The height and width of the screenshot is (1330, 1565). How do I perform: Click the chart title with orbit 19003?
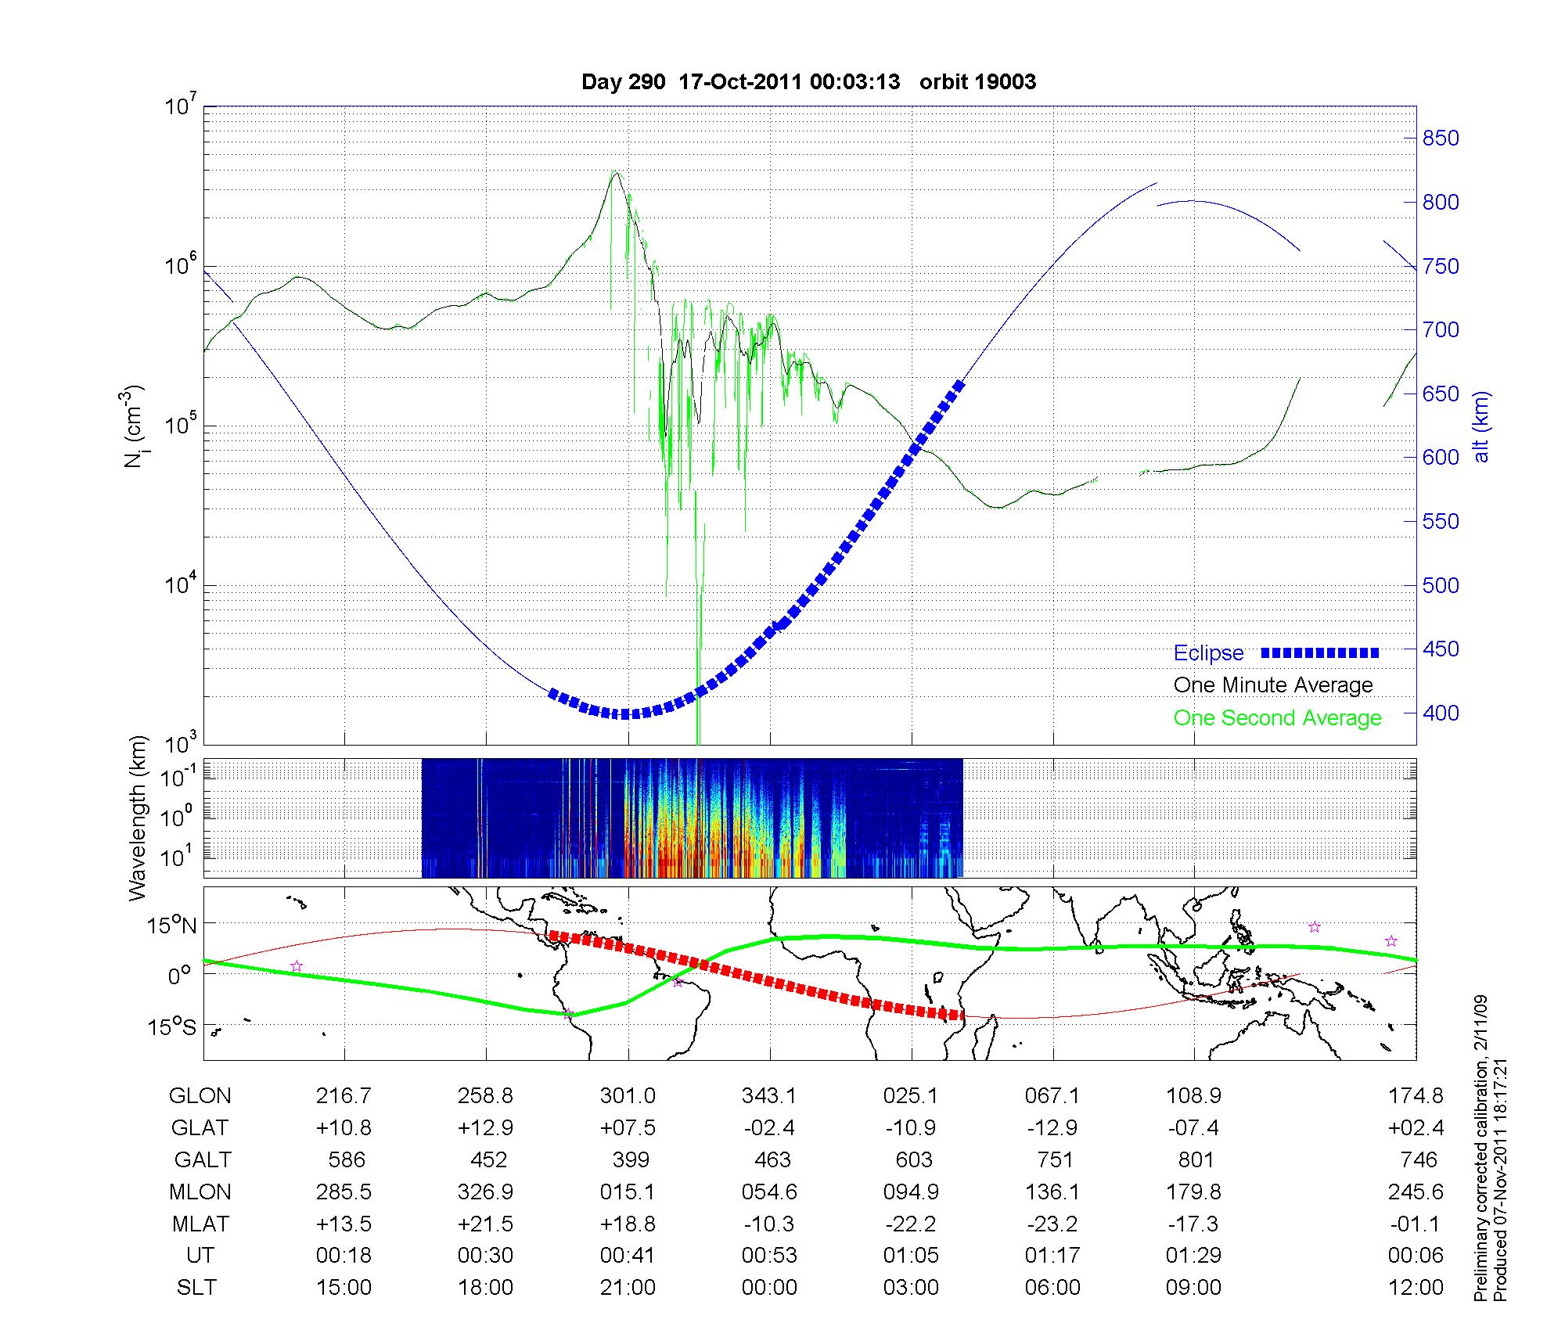click(x=808, y=82)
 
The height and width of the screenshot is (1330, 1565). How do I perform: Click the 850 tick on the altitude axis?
click(x=1440, y=138)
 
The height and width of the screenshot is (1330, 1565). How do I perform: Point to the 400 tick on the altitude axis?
click(x=1440, y=714)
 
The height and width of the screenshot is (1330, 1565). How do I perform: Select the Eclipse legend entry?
click(x=1275, y=652)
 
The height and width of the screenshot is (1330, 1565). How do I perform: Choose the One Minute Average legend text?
click(x=1273, y=685)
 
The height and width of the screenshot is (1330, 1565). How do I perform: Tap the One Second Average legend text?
click(x=1277, y=718)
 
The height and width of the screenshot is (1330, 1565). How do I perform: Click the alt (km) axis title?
click(x=1481, y=426)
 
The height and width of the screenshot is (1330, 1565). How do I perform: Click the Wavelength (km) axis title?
click(x=139, y=818)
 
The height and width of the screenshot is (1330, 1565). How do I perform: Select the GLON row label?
click(x=200, y=1096)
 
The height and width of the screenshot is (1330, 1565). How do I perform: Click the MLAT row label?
click(x=200, y=1224)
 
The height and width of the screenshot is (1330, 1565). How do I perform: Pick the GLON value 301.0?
click(x=628, y=1096)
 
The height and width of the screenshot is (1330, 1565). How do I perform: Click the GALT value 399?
click(x=630, y=1159)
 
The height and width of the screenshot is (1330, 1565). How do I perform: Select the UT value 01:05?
click(x=911, y=1256)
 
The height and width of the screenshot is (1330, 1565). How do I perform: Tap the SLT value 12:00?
click(x=1416, y=1288)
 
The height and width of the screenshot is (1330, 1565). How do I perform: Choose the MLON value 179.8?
click(x=1193, y=1192)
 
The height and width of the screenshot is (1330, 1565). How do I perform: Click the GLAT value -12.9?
click(x=1052, y=1128)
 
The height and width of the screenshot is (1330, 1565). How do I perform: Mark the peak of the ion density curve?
click(x=616, y=173)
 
